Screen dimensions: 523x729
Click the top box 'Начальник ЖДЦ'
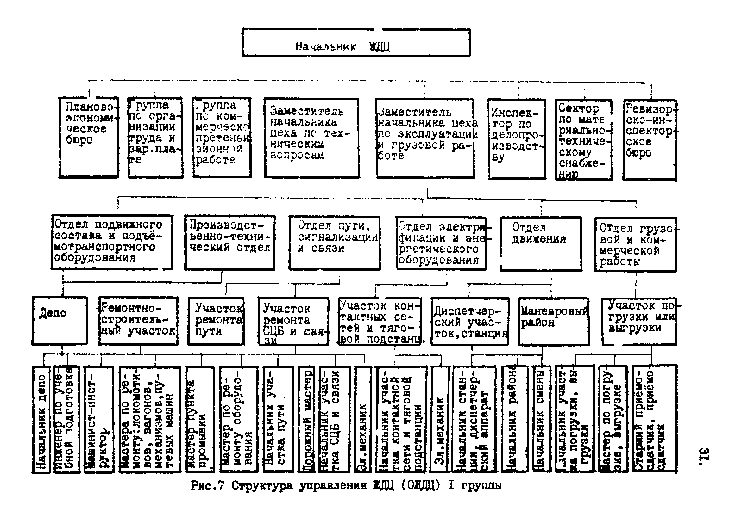click(356, 43)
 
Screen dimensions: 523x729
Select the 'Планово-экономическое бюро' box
click(89, 138)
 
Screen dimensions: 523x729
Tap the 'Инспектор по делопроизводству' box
click(517, 139)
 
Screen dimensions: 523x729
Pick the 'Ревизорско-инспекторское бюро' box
click(649, 140)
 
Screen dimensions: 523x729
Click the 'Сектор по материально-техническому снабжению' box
click(583, 140)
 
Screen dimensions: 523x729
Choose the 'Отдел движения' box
click(541, 244)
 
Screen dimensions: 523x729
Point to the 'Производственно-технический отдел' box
click(229, 243)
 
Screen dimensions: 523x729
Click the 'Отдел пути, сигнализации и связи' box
click(334, 243)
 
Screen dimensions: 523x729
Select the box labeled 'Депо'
click(60, 320)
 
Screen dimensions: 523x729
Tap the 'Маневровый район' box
click(554, 321)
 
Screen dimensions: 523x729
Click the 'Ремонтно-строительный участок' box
click(138, 321)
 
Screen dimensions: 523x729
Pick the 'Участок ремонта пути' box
click(216, 321)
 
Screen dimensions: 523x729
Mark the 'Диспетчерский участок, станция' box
click(470, 321)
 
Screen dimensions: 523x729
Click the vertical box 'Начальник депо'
click(41, 419)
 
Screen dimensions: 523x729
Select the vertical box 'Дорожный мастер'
click(306, 419)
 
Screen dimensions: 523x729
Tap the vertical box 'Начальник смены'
click(542, 419)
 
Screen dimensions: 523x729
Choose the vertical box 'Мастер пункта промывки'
click(200, 419)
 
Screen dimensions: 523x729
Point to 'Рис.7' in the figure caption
click(207, 486)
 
